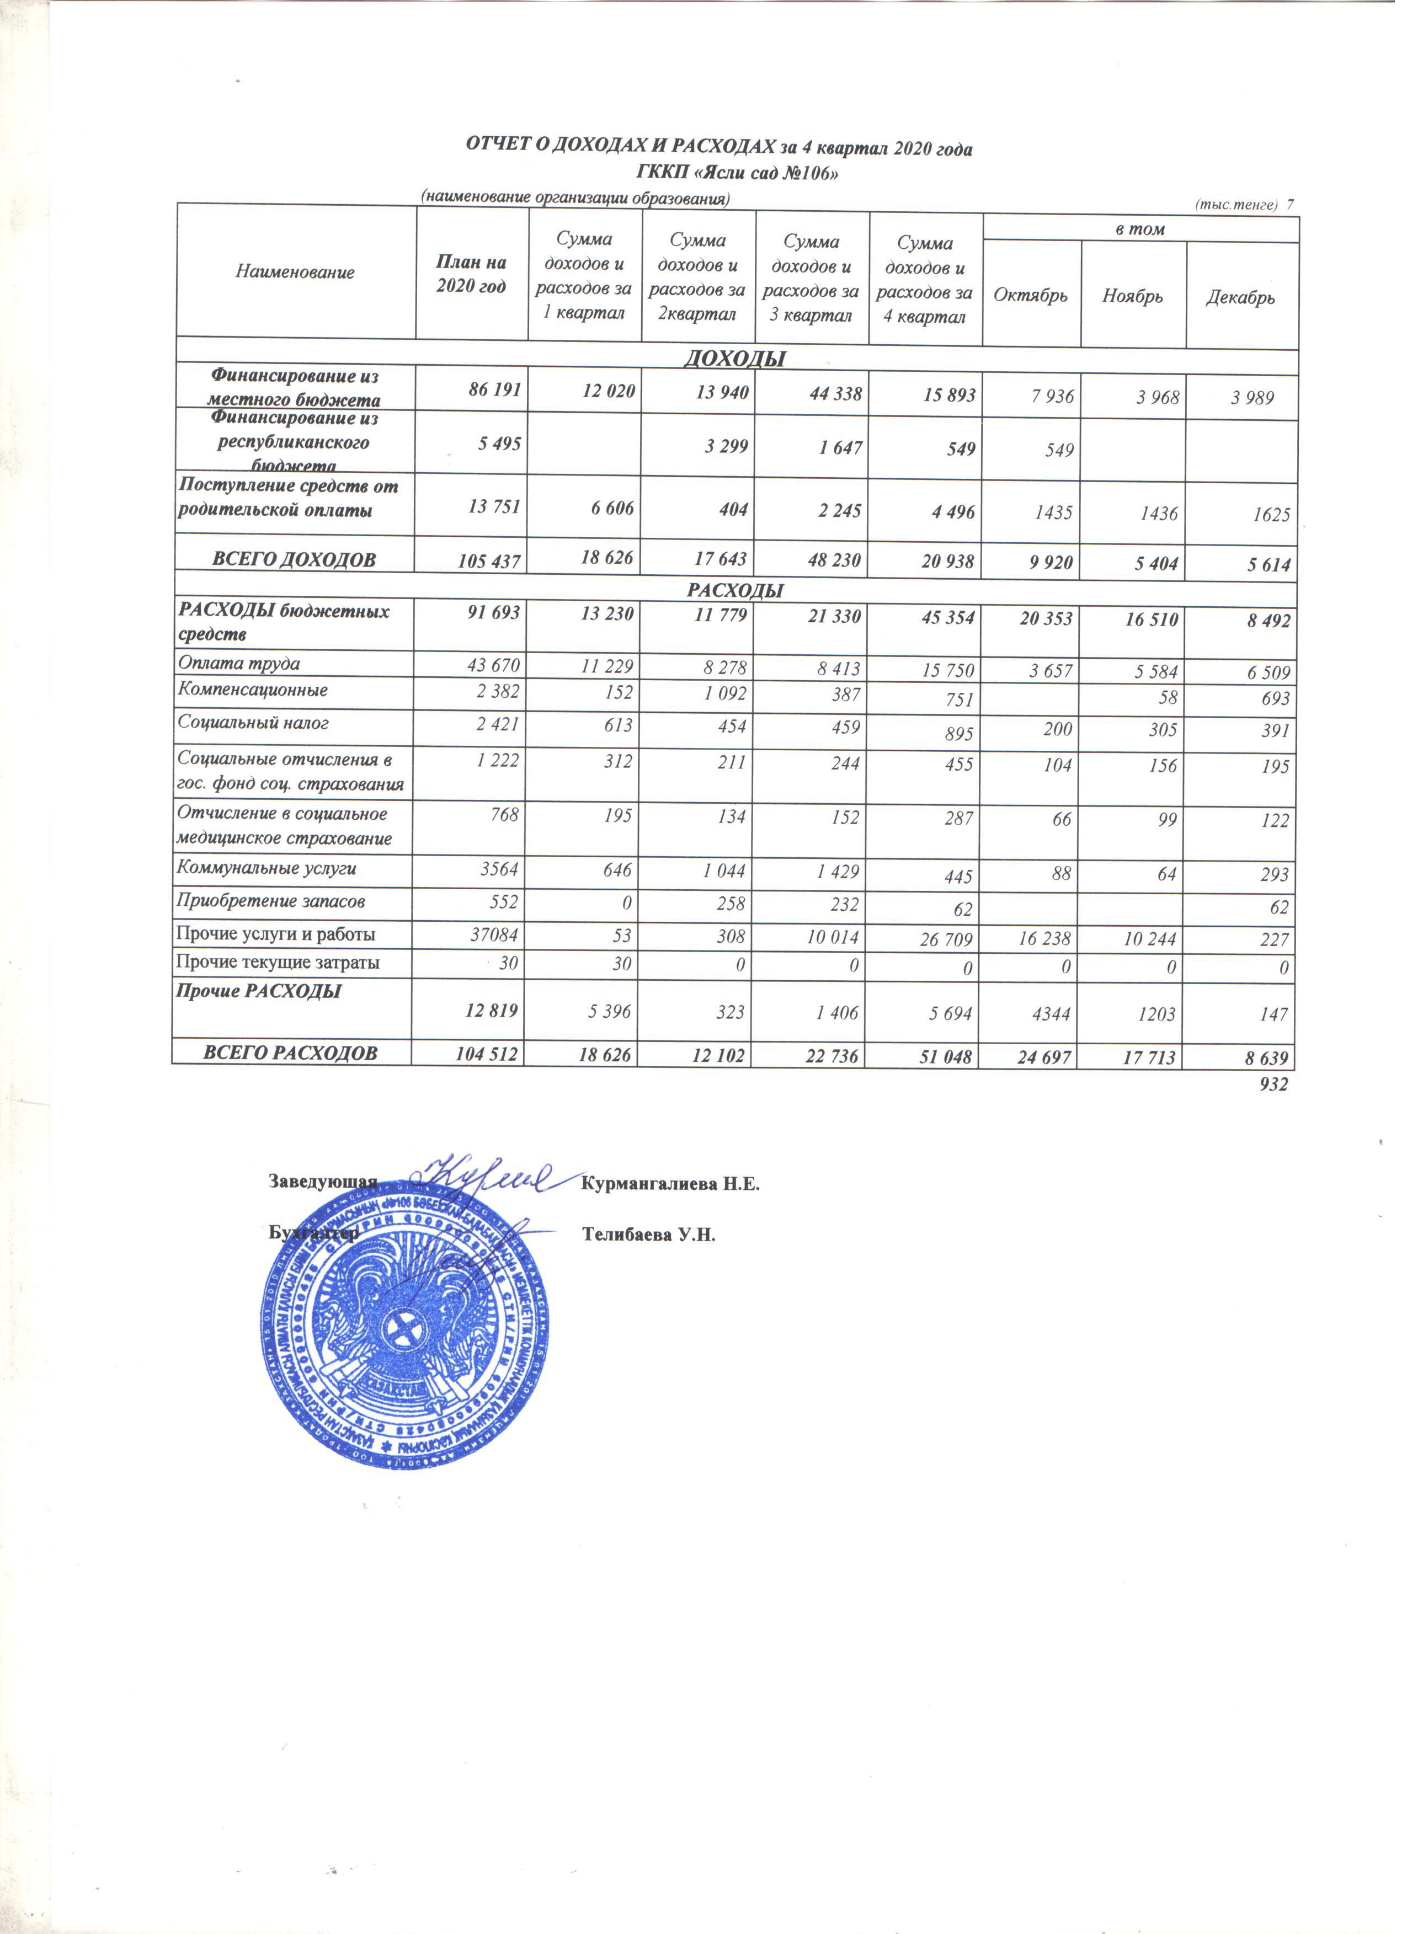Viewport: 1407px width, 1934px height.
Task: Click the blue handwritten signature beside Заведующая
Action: click(491, 1179)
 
